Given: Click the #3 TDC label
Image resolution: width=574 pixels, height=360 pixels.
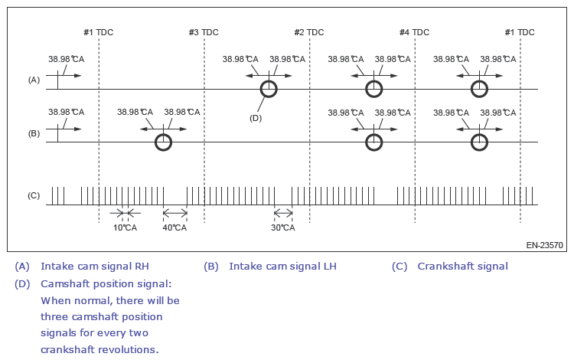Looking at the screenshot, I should click(x=204, y=32).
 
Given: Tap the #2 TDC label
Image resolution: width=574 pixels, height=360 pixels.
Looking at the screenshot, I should click(x=309, y=32).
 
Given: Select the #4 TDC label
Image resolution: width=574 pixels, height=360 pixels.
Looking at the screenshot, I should click(x=414, y=32).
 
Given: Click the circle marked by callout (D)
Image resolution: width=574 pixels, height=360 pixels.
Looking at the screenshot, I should click(x=268, y=89).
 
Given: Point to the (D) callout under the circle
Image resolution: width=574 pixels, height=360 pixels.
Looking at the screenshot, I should click(x=256, y=117).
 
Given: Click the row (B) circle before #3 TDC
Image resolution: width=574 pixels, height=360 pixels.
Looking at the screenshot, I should click(x=163, y=142).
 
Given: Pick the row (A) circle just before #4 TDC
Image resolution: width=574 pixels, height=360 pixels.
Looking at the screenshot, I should click(x=373, y=89).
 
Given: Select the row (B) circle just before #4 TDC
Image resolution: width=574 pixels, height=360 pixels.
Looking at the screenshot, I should click(x=373, y=142).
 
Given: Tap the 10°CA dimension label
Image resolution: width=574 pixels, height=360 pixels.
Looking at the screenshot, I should click(x=125, y=227).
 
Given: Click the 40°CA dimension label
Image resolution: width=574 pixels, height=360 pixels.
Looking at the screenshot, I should click(x=174, y=227).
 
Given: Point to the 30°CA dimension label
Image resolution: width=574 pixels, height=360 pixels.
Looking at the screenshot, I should click(x=283, y=227).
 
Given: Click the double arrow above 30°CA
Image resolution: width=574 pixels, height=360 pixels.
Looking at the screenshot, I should click(x=283, y=213).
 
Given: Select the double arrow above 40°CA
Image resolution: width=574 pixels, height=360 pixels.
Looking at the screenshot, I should click(x=174, y=213).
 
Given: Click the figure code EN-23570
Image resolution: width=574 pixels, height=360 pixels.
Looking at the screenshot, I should click(x=544, y=246).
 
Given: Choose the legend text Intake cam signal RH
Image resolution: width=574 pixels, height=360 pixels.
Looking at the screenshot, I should click(x=95, y=267).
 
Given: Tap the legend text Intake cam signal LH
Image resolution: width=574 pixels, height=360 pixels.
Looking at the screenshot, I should click(x=283, y=267).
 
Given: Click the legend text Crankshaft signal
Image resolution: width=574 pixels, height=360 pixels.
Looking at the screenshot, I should click(x=463, y=267).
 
